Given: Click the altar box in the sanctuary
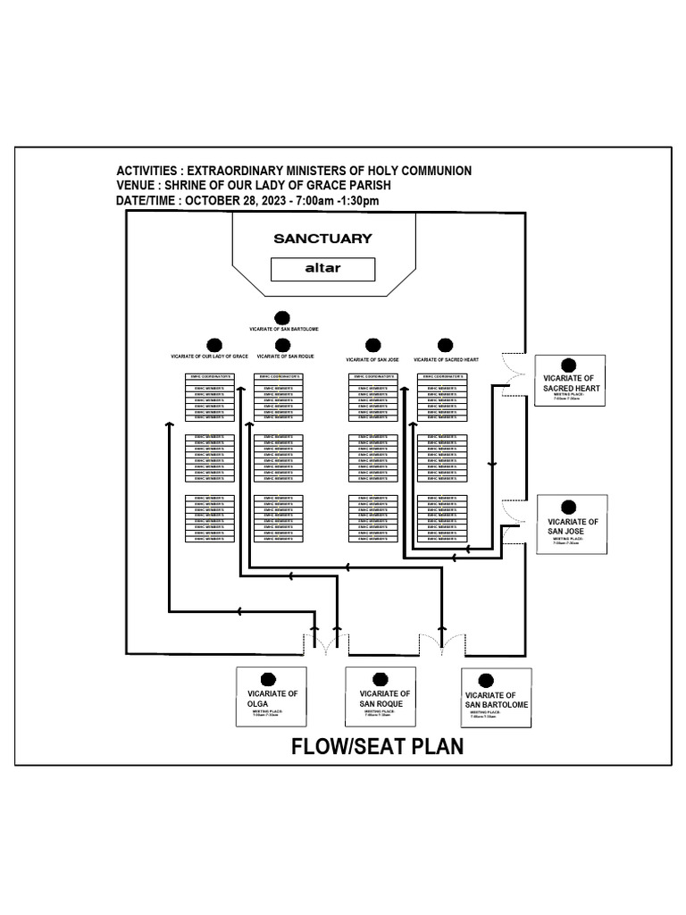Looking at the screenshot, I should point(322,269).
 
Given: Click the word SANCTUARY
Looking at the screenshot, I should point(322,239).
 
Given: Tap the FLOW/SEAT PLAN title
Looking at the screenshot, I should point(377,746).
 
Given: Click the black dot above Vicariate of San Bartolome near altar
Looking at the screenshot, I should point(282,317).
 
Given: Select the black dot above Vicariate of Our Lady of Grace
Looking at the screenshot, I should point(213,345).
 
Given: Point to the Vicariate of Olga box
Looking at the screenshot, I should point(271,698).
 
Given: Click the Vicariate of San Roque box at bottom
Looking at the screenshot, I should point(381,697).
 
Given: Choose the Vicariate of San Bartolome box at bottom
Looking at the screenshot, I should point(497,698).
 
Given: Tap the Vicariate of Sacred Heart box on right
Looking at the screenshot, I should point(570,381).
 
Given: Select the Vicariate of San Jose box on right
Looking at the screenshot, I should point(573,525).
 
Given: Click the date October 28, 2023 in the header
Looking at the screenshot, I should point(232,200).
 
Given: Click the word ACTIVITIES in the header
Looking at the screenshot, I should point(147,170).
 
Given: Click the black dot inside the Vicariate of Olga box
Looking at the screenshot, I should point(266,680).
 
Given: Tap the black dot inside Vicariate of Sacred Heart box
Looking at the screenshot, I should point(568,365).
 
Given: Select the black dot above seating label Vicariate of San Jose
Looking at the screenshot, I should point(370,345).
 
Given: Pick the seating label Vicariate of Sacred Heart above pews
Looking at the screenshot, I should point(447,359).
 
